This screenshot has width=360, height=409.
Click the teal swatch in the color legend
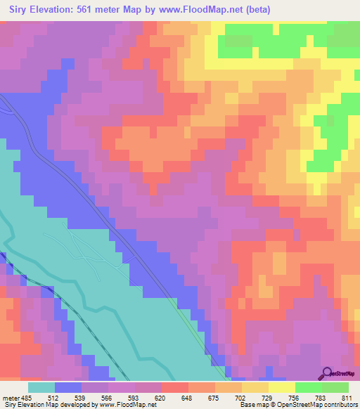click(x=42, y=387)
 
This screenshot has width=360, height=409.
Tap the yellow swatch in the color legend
click(x=281, y=387)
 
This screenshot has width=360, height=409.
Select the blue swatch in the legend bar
click(x=68, y=387)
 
